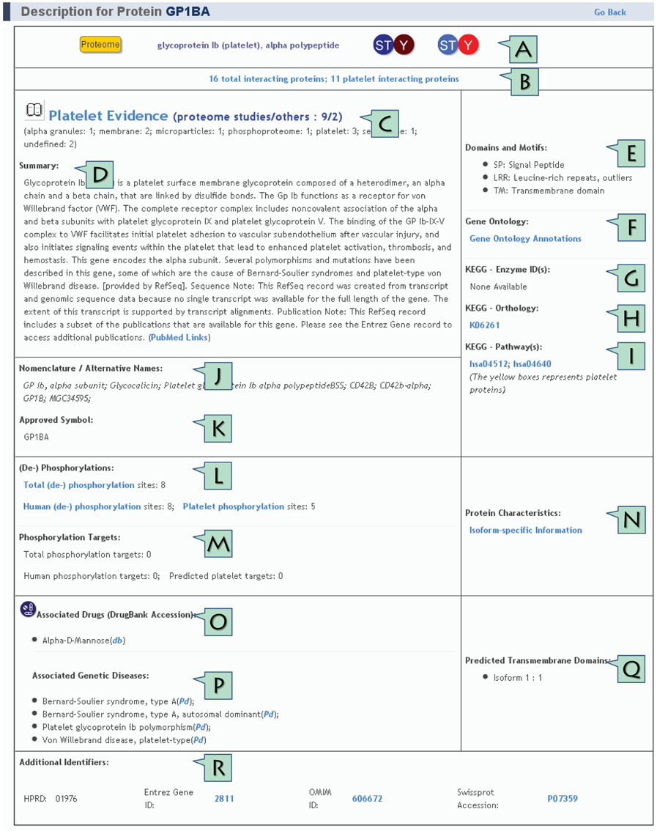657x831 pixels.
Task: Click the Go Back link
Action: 609,12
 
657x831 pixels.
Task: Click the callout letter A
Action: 522,49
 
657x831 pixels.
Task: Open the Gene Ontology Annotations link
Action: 525,239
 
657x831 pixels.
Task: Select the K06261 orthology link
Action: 484,325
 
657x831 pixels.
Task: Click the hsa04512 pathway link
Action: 489,364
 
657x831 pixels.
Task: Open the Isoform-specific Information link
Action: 525,531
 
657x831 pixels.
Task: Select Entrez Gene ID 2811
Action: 224,799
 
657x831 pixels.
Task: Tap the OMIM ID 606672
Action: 367,799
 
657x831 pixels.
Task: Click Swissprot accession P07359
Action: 563,799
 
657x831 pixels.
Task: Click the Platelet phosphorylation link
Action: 233,506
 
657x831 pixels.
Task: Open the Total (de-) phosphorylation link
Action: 78,485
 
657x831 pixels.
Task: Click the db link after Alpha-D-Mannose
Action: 117,640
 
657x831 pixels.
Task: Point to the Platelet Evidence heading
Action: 108,116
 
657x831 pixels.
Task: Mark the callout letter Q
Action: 631,668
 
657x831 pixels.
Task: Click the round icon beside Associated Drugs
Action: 28,609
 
